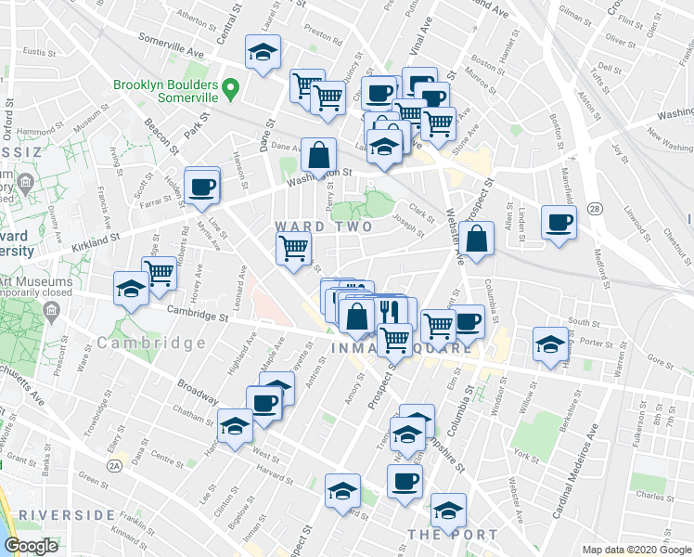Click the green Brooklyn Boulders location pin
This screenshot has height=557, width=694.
tap(234, 91)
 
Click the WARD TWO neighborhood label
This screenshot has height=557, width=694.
tap(324, 227)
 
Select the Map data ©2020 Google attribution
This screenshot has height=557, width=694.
tap(636, 550)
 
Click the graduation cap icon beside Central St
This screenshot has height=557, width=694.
tap(263, 52)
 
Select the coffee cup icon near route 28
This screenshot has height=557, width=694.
tap(559, 222)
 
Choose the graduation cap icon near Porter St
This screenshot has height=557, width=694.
tap(550, 344)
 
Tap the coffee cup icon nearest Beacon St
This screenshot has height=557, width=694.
tap(201, 186)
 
